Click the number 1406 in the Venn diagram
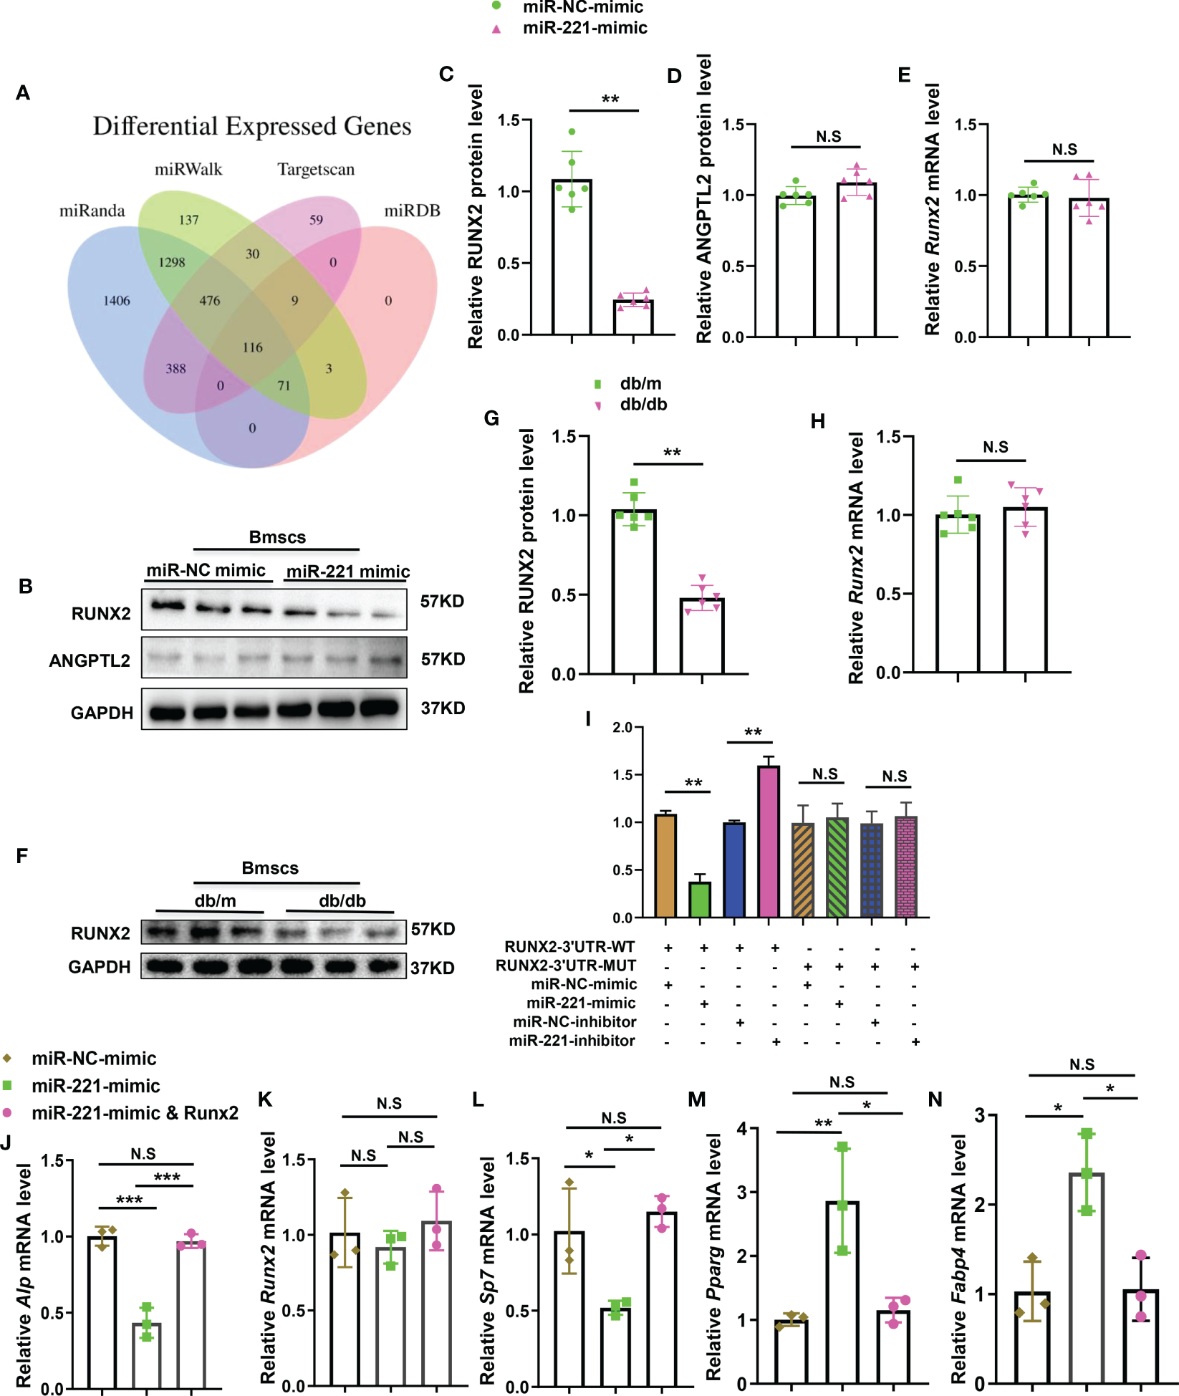pyautogui.click(x=117, y=301)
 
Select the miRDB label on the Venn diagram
pyautogui.click(x=412, y=211)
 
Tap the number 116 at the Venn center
pyautogui.click(x=252, y=347)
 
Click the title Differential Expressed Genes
pyautogui.click(x=252, y=126)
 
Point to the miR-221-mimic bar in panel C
pyautogui.click(x=633, y=317)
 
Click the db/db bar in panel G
pyautogui.click(x=702, y=636)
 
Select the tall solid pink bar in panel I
pyautogui.click(x=769, y=842)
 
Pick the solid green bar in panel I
pyautogui.click(x=700, y=900)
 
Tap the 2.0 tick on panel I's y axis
pyautogui.click(x=622, y=728)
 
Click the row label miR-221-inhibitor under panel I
pyautogui.click(x=572, y=1041)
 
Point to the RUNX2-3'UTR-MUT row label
pyautogui.click(x=566, y=966)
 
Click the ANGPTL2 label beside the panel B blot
pyautogui.click(x=90, y=660)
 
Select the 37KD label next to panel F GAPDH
pyautogui.click(x=432, y=968)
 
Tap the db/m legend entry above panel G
pyautogui.click(x=640, y=384)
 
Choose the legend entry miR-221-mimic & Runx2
pyautogui.click(x=135, y=1113)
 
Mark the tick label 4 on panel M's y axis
pyautogui.click(x=743, y=1130)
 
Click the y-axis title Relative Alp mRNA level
pyautogui.click(x=24, y=1275)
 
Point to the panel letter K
pyautogui.click(x=265, y=1099)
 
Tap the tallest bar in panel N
pyautogui.click(x=1087, y=1279)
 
